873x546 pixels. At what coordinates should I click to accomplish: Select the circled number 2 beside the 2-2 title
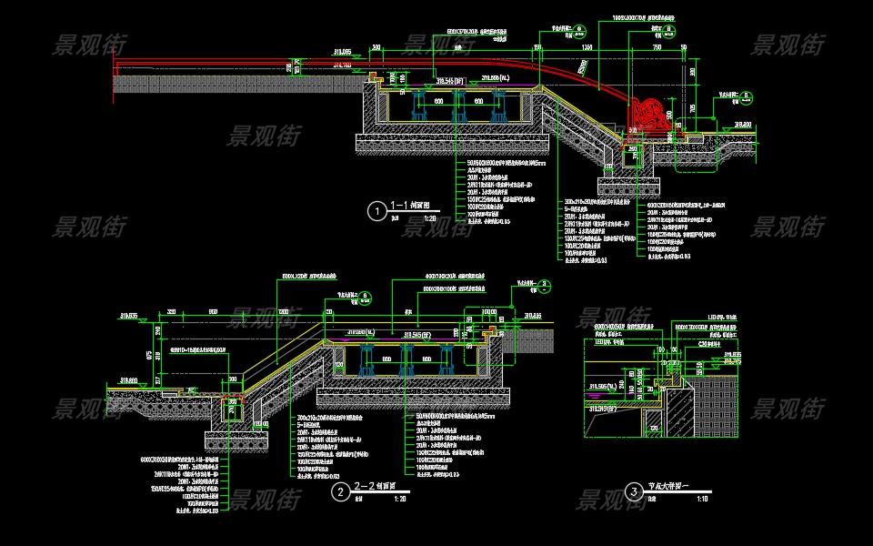point(340,493)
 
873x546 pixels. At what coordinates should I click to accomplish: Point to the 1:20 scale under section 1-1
point(430,219)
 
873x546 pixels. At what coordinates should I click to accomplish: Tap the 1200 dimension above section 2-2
point(283,311)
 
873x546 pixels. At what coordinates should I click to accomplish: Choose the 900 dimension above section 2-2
point(213,311)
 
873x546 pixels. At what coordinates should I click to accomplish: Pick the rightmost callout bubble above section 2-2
point(544,285)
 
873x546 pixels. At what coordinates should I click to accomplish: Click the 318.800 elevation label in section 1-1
point(743,125)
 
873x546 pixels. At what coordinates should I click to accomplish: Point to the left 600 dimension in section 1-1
point(437,102)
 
